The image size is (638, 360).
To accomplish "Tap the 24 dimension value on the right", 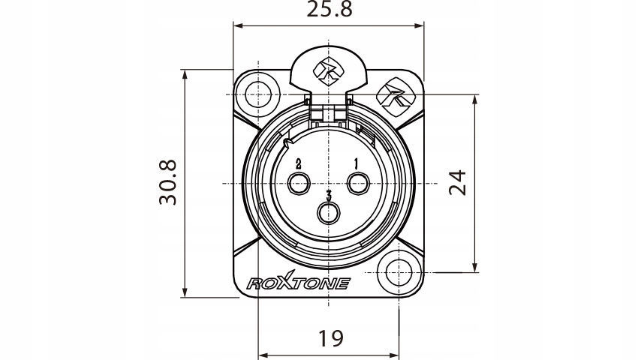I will coord(457,182).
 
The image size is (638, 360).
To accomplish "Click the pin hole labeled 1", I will coord(358,183).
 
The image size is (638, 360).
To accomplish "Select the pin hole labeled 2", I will coord(299,183).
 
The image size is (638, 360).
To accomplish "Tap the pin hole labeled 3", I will coord(329,213).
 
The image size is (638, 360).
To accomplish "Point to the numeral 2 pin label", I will coord(299,163).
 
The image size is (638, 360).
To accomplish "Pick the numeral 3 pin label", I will coord(329,195).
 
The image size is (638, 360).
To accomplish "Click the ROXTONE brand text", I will coord(298,283).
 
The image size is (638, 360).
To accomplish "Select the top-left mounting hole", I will coord(257,95).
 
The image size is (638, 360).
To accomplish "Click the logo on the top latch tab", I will coord(329,69).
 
